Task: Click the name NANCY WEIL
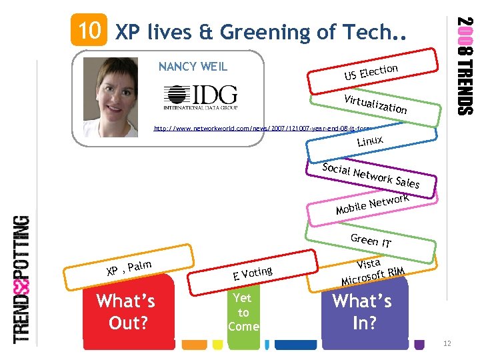(x=193, y=66)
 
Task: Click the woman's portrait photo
(x=115, y=93)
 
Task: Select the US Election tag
(x=371, y=72)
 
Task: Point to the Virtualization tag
(x=375, y=103)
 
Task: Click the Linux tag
(x=369, y=141)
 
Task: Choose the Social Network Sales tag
(x=371, y=174)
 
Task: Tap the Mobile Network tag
(x=373, y=203)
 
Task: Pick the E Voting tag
(x=253, y=273)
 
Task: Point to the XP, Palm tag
(x=128, y=268)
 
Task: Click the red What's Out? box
(x=126, y=311)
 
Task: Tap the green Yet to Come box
(x=243, y=312)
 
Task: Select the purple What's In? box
(x=363, y=311)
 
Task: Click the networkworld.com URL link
(x=264, y=127)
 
